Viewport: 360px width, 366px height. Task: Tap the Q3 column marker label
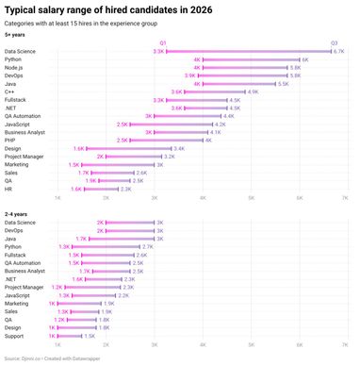[334, 43]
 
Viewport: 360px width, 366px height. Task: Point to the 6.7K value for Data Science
[338, 52]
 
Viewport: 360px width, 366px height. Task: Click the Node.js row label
[15, 68]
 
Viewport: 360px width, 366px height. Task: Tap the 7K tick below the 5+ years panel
[345, 199]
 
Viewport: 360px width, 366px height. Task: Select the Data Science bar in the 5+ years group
[248, 52]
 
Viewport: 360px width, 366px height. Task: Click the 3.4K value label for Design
[179, 149]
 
